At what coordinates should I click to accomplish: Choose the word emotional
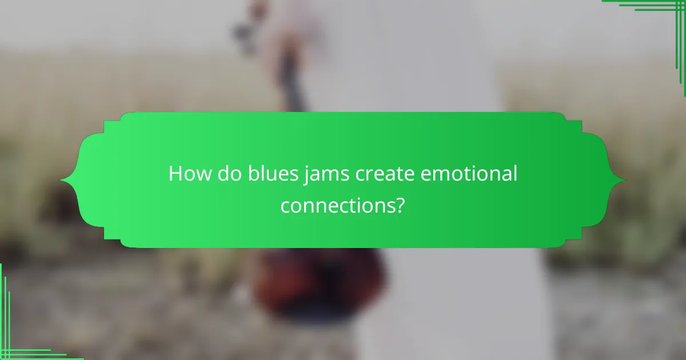(x=469, y=174)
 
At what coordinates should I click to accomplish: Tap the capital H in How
(x=174, y=174)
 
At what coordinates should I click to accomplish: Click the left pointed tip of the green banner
(x=61, y=181)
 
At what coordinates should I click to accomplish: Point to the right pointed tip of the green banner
(x=625, y=181)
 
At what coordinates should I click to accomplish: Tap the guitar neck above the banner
(x=292, y=86)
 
